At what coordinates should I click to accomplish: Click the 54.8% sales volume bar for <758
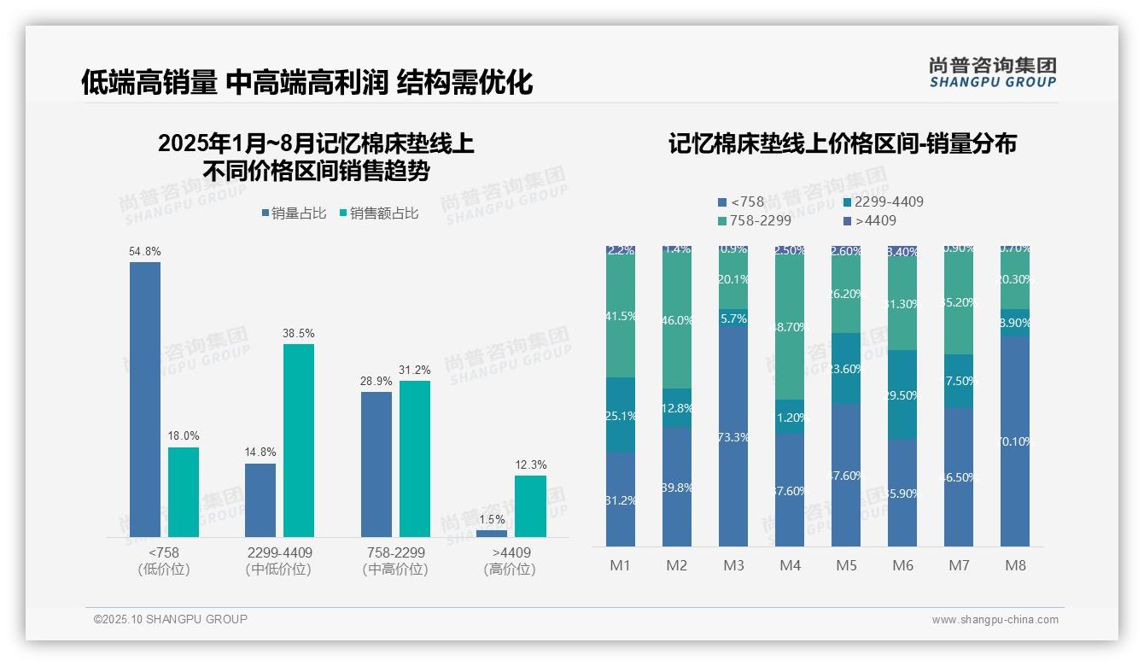[145, 399]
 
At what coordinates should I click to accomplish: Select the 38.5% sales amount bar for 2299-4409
[298, 440]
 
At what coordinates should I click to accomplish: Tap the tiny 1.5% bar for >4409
[492, 534]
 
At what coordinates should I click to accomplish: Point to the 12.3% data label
[532, 465]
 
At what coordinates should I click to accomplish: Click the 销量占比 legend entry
[293, 213]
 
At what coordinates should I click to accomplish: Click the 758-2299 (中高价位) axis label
[395, 561]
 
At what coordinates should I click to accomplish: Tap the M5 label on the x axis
[846, 565]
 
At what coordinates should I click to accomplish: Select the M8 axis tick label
[1015, 565]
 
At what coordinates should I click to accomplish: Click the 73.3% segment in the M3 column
[733, 435]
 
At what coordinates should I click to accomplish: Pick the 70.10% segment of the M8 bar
[1015, 441]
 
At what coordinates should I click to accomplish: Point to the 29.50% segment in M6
[902, 394]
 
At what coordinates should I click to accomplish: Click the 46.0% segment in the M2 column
[677, 319]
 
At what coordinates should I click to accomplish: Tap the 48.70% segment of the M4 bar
[790, 326]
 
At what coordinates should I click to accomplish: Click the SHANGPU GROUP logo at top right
[992, 73]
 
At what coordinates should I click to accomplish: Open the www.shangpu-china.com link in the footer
[995, 620]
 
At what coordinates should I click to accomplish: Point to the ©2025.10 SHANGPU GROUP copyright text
[171, 619]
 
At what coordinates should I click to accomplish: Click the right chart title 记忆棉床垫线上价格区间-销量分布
[842, 144]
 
